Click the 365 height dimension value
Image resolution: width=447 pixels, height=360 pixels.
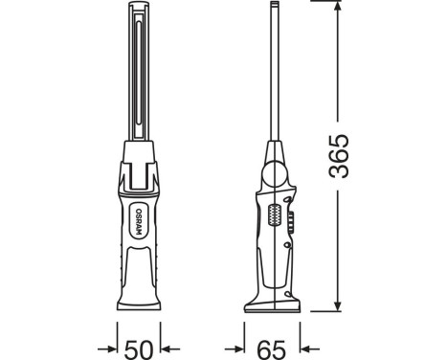[x=339, y=156]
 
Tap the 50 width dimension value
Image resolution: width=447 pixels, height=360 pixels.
[x=138, y=349]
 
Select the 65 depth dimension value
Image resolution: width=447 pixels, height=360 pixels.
[x=272, y=349]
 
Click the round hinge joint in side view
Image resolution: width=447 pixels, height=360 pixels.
[x=275, y=174]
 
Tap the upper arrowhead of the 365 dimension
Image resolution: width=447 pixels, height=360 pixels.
[x=337, y=10]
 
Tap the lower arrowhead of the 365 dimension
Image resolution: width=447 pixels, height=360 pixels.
[x=337, y=304]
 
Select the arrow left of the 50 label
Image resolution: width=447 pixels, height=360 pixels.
[x=107, y=349]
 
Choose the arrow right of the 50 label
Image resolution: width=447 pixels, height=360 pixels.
[x=169, y=349]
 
